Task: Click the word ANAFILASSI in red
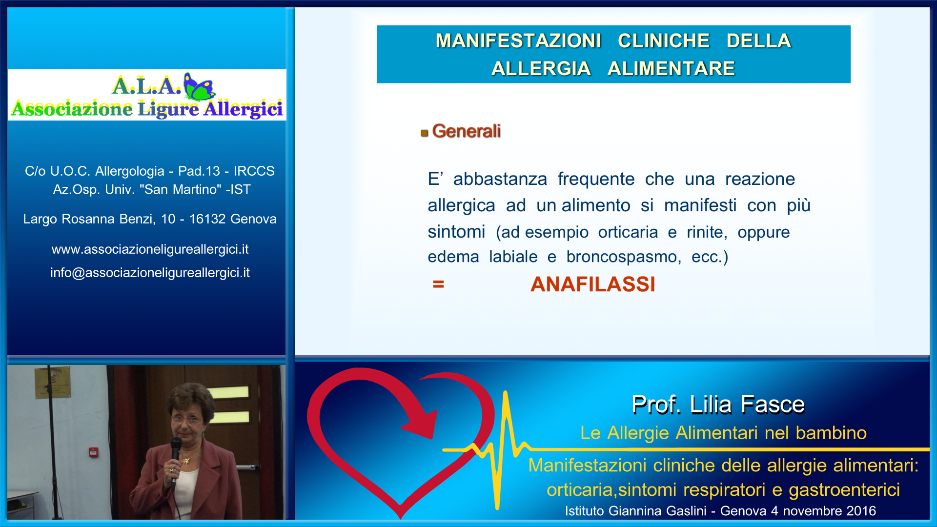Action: [x=592, y=284]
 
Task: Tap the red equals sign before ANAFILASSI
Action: [x=438, y=284]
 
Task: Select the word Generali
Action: [x=466, y=131]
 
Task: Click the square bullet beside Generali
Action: [x=424, y=133]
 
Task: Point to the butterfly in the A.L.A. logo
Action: [x=199, y=86]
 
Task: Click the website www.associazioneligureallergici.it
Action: [x=150, y=249]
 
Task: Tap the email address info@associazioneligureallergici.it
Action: [x=150, y=273]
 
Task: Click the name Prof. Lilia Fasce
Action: [x=718, y=405]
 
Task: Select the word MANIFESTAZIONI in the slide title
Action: [x=518, y=41]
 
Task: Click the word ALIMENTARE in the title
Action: [x=671, y=69]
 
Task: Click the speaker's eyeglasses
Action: [x=186, y=419]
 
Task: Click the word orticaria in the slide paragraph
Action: [x=628, y=232]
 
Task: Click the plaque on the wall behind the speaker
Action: [x=53, y=383]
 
